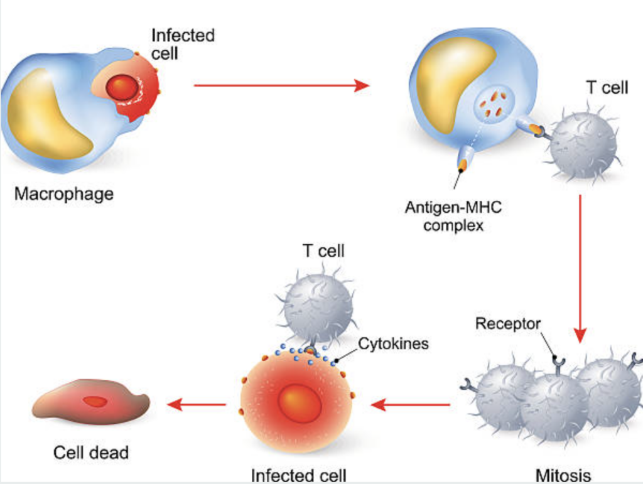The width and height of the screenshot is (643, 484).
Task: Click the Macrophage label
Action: point(64,193)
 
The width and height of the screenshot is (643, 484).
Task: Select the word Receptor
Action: point(507,324)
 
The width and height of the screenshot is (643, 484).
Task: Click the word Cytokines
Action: point(393,344)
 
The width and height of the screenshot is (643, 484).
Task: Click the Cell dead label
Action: point(90,452)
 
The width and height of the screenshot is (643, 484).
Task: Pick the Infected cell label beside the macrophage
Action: point(182,44)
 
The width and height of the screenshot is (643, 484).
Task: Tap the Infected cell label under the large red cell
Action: point(298,475)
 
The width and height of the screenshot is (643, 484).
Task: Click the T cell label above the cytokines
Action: point(323,251)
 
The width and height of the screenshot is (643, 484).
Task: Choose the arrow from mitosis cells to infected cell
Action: point(411,404)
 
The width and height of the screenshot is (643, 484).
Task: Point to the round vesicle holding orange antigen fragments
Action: point(494,104)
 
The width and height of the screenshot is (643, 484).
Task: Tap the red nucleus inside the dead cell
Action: point(95,401)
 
